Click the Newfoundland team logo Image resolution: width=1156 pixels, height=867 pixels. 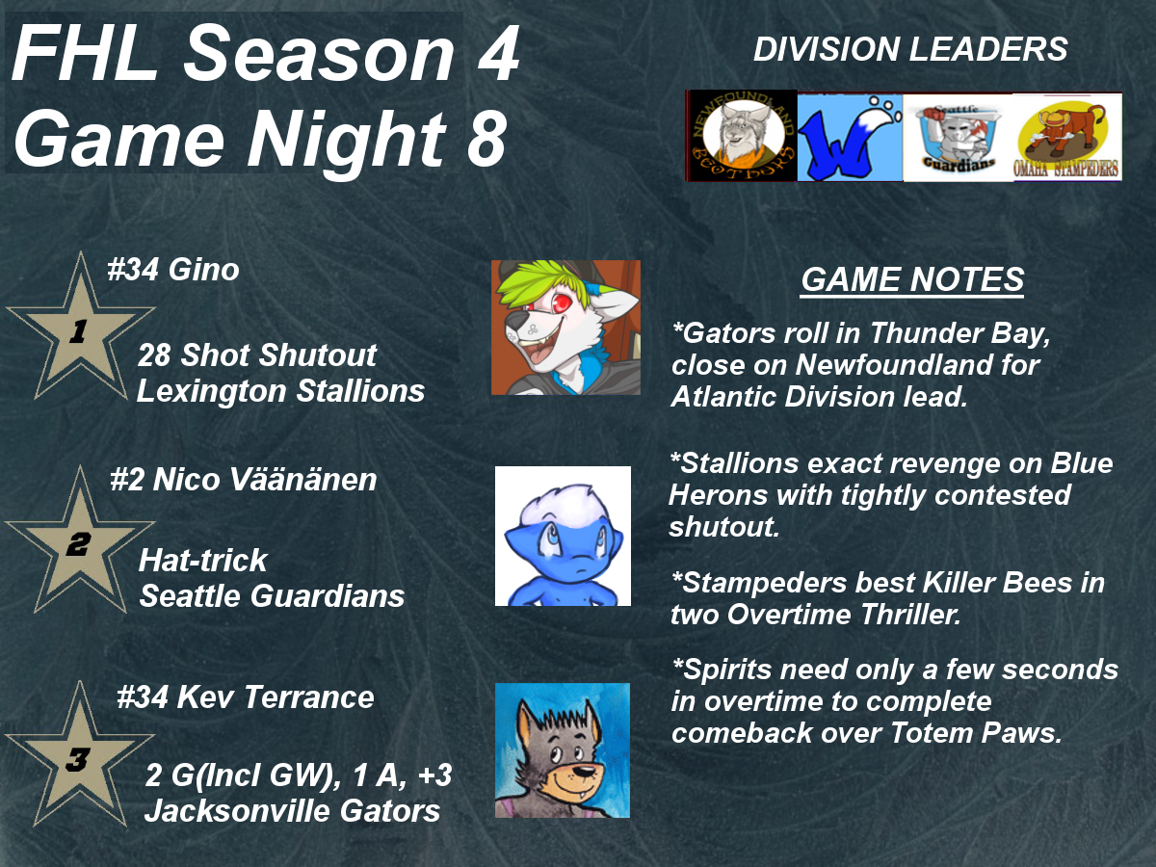[742, 136]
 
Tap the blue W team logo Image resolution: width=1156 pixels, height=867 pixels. [850, 138]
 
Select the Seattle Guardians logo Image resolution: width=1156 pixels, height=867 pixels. [959, 138]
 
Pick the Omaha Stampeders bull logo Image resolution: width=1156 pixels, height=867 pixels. [1068, 138]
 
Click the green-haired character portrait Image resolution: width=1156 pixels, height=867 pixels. [565, 328]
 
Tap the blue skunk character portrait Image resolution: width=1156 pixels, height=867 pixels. [563, 536]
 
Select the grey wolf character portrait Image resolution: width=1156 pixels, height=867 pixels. [563, 750]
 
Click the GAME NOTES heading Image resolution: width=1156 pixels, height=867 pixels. [912, 279]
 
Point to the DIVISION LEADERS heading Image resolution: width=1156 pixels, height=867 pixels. [910, 49]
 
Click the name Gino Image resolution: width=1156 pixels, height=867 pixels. [204, 270]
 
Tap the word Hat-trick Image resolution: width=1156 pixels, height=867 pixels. [203, 560]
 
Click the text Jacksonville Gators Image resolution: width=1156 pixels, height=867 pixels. [292, 810]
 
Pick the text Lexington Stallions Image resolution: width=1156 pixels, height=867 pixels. [280, 390]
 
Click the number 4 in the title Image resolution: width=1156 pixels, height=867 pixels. [498, 54]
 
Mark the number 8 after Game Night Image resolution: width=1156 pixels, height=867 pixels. [486, 139]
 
